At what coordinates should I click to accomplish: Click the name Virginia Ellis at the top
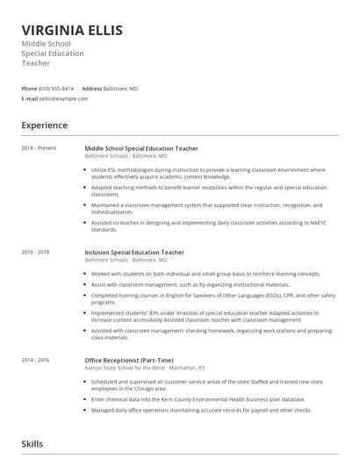click(x=72, y=30)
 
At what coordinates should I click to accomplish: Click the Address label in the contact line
click(x=91, y=89)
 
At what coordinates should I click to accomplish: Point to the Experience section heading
click(x=45, y=125)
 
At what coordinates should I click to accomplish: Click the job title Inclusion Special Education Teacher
click(x=134, y=253)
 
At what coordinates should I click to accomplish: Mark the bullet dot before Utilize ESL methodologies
click(x=86, y=168)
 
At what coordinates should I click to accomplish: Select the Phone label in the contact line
click(x=29, y=89)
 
